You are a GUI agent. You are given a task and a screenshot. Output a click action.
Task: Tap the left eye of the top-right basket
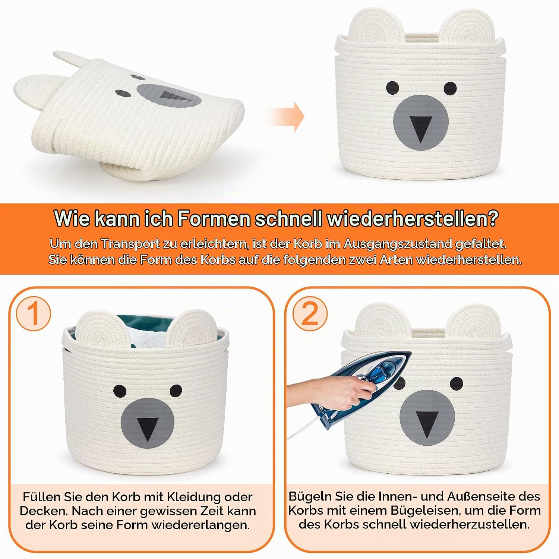click(392, 88)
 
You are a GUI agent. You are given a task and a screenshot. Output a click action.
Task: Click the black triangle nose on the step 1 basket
click(147, 429)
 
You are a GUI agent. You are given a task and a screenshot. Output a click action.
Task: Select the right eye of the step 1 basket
click(176, 390)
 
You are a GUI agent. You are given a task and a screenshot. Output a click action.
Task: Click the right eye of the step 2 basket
click(457, 383)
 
